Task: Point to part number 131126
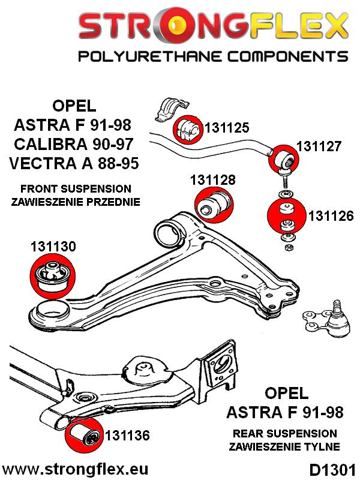tap(331, 215)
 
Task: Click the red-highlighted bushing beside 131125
tap(188, 127)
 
